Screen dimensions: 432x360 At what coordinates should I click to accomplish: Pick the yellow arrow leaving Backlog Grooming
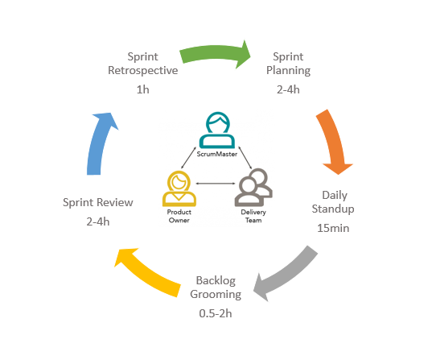(x=146, y=272)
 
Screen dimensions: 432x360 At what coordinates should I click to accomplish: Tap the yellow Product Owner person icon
(x=179, y=188)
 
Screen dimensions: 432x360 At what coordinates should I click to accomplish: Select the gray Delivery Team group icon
(x=253, y=188)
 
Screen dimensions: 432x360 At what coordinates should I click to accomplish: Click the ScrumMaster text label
(x=217, y=154)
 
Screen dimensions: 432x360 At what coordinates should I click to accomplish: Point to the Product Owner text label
(x=179, y=216)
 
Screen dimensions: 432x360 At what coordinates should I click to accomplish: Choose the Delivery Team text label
(x=253, y=216)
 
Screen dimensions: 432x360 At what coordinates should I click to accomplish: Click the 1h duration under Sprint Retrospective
(x=143, y=89)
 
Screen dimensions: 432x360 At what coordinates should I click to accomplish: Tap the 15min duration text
(x=333, y=228)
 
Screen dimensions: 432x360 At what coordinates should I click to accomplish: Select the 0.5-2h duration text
(x=216, y=313)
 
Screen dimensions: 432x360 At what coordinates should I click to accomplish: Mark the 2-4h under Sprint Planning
(x=288, y=89)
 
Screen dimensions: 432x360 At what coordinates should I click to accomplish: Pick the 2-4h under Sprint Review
(x=98, y=221)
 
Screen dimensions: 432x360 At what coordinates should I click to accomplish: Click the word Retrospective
(x=143, y=71)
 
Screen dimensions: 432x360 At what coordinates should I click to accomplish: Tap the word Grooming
(x=216, y=295)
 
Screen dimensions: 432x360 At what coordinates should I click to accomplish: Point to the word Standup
(x=333, y=209)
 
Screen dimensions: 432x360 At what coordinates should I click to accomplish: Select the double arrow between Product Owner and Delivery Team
(x=216, y=183)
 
